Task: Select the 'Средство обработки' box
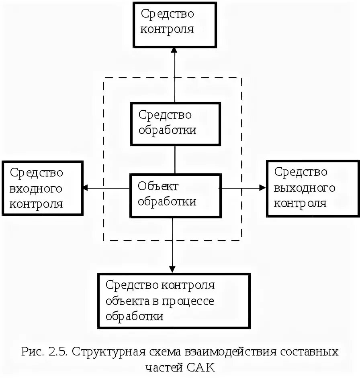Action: [175, 124]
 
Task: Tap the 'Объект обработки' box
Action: [175, 195]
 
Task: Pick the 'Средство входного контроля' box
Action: [42, 188]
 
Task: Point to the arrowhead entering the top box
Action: [174, 50]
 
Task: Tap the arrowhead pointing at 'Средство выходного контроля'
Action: [262, 187]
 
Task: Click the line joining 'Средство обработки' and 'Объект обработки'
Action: [175, 159]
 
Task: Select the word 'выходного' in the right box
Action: [304, 188]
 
